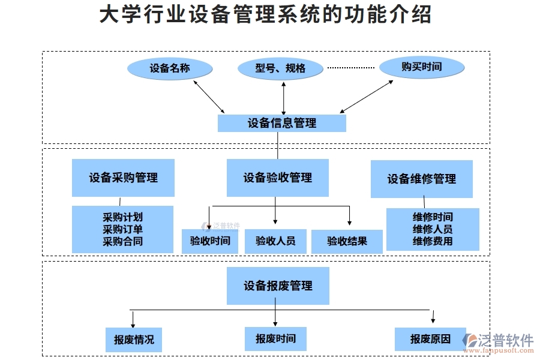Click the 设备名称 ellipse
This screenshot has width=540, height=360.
[x=170, y=68]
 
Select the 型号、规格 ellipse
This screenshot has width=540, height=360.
[x=280, y=68]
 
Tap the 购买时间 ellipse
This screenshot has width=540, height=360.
[x=422, y=67]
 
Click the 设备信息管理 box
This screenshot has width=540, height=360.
[x=281, y=123]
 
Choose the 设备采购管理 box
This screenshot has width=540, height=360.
[x=123, y=178]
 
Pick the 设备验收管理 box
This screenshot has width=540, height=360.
[x=277, y=178]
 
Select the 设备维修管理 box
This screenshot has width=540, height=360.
[x=421, y=179]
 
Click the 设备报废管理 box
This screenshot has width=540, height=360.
[x=278, y=286]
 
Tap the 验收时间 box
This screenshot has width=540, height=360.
[x=210, y=241]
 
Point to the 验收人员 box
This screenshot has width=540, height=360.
[x=275, y=241]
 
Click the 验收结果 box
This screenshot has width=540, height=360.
[x=347, y=241]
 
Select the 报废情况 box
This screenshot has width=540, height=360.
[x=134, y=340]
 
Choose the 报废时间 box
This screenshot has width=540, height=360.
[x=275, y=338]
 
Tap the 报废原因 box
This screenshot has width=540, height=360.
[x=430, y=339]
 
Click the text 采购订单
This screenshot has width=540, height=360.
[x=122, y=229]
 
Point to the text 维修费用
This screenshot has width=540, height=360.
[x=433, y=241]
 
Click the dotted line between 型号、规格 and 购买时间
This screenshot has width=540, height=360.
[x=350, y=67]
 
